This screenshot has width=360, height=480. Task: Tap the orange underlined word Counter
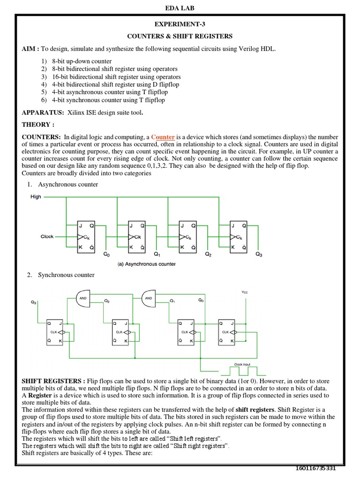tap(163, 137)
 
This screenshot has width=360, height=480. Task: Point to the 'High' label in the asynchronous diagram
tap(36, 197)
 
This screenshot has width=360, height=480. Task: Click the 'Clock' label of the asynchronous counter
tap(47, 237)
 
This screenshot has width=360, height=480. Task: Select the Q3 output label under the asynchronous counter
tap(259, 255)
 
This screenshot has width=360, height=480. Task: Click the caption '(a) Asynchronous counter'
tap(146, 264)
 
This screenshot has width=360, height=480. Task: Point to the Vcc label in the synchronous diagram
tap(245, 292)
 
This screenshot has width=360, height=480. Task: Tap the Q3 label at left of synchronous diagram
tap(34, 303)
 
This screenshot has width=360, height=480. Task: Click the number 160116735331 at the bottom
tap(316, 469)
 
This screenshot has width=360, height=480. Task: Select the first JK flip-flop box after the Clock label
tap(85, 237)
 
